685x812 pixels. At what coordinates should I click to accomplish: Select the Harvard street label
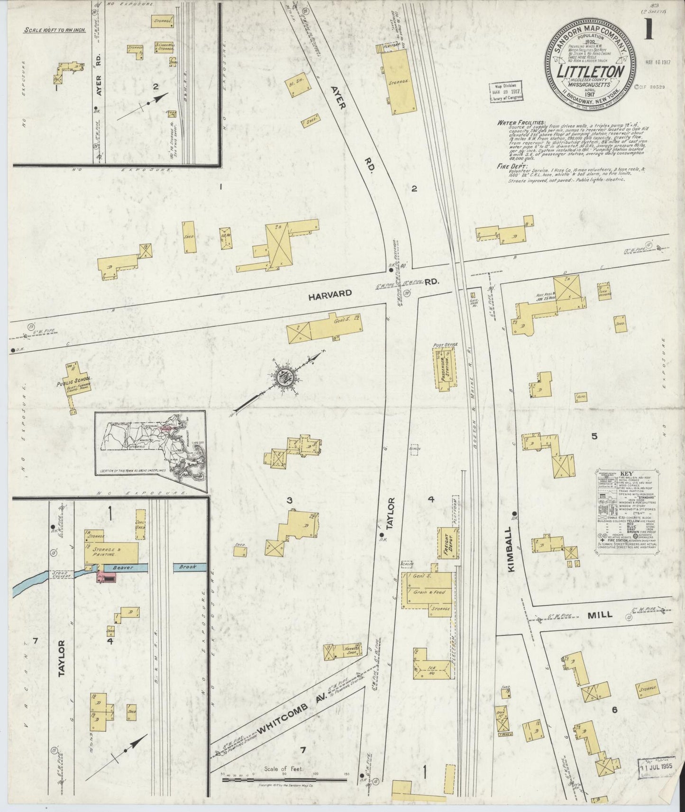coord(330,293)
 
